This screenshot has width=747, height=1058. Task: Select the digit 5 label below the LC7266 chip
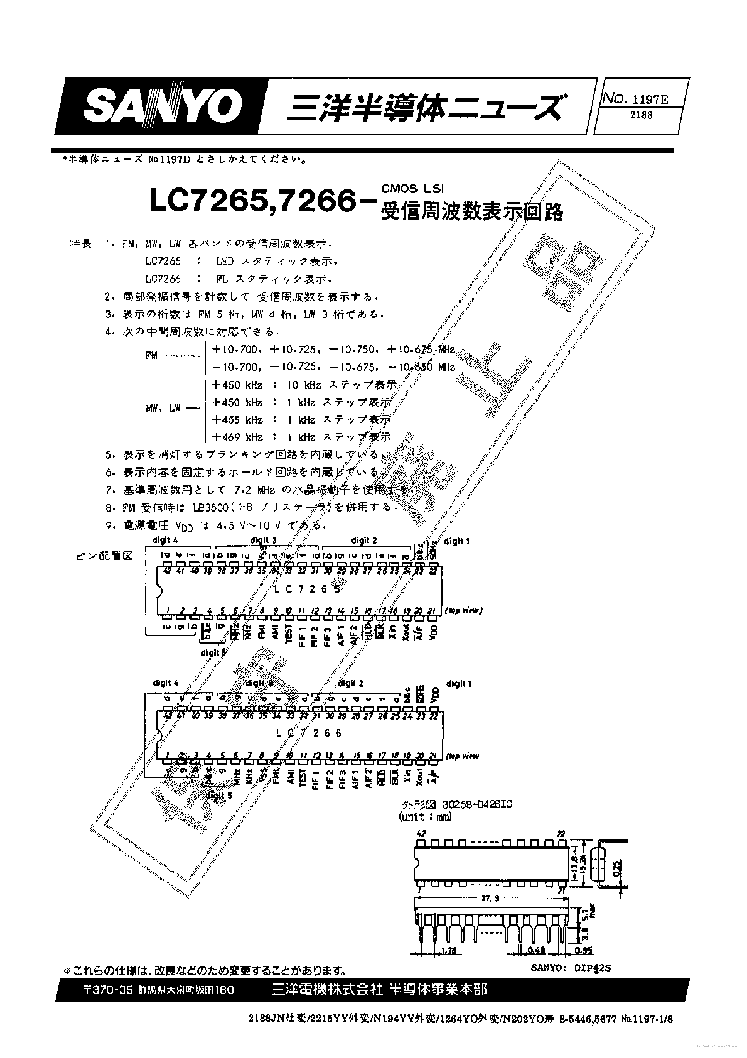219,795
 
